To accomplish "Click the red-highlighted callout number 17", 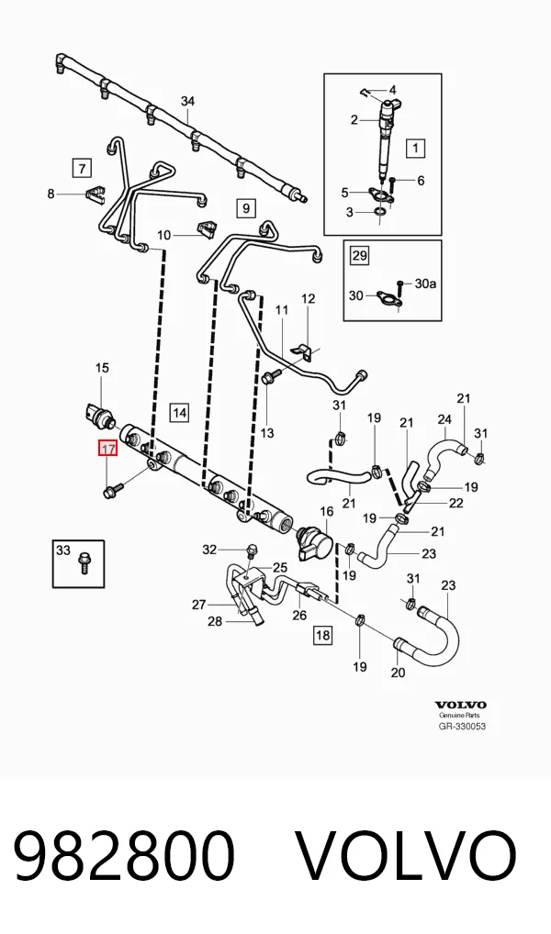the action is pos(108,449).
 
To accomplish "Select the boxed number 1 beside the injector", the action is pos(416,148).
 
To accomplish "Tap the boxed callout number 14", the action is pos(179,412).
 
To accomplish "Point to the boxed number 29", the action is pos(359,256).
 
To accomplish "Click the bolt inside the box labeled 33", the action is pos(83,563).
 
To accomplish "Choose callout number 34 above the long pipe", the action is pos(188,101).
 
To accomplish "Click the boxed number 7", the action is pos(82,167).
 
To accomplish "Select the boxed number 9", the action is pos(246,208).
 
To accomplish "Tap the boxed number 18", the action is pos(322,635).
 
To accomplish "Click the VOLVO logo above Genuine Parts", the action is pos(460,706).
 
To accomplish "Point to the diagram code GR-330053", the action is pos(462,726).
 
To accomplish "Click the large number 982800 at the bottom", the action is pos(123,857).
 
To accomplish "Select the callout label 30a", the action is pos(425,284).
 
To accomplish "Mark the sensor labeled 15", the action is pos(99,414).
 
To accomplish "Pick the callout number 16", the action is pos(327,511).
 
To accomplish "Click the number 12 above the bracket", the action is pos(308,298).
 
